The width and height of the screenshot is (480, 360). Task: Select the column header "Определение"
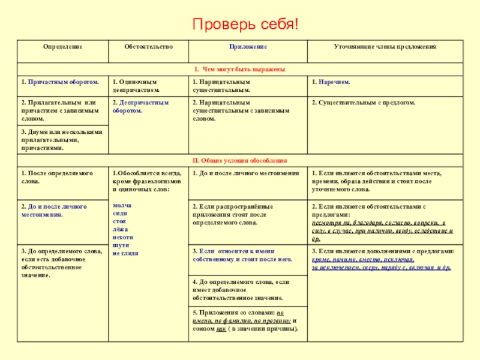click(62, 46)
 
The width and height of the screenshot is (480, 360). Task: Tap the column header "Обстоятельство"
click(148, 46)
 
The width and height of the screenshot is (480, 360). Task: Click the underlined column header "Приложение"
click(247, 46)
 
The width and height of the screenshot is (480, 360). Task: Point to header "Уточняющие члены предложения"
click(385, 46)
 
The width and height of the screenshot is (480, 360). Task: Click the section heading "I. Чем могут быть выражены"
click(239, 69)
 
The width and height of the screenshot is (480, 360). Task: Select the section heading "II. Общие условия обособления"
click(239, 161)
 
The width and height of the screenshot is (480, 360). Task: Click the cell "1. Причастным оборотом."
click(59, 81)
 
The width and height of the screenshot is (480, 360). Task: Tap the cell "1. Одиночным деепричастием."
click(136, 85)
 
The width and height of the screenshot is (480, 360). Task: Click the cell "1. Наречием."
click(331, 81)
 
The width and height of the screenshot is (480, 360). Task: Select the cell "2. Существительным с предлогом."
click(364, 103)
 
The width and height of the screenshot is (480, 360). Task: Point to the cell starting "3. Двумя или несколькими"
click(62, 139)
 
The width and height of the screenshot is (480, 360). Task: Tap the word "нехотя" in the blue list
click(123, 238)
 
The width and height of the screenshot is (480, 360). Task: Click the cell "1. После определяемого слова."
click(57, 176)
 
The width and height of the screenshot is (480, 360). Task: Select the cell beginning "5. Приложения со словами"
click(247, 320)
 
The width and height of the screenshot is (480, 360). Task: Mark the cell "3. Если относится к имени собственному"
click(242, 256)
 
